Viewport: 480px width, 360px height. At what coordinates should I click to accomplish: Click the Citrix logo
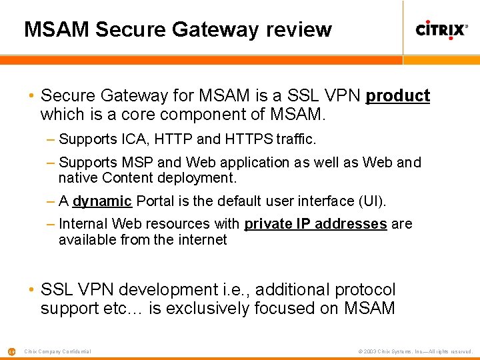pos(441,29)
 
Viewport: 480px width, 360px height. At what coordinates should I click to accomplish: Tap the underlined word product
pos(398,96)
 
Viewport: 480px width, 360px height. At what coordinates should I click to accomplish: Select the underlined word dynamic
pos(102,201)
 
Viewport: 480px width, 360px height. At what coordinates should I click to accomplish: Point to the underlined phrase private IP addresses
pos(315,224)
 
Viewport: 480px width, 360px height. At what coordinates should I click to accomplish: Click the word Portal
pos(156,201)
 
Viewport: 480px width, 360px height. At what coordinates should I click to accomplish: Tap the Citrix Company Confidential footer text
pos(57,351)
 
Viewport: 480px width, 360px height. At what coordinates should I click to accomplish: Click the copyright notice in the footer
pos(415,351)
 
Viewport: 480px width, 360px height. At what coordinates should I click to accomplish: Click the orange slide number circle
pos(11,351)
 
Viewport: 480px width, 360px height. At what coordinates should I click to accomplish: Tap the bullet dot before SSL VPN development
pos(31,290)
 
